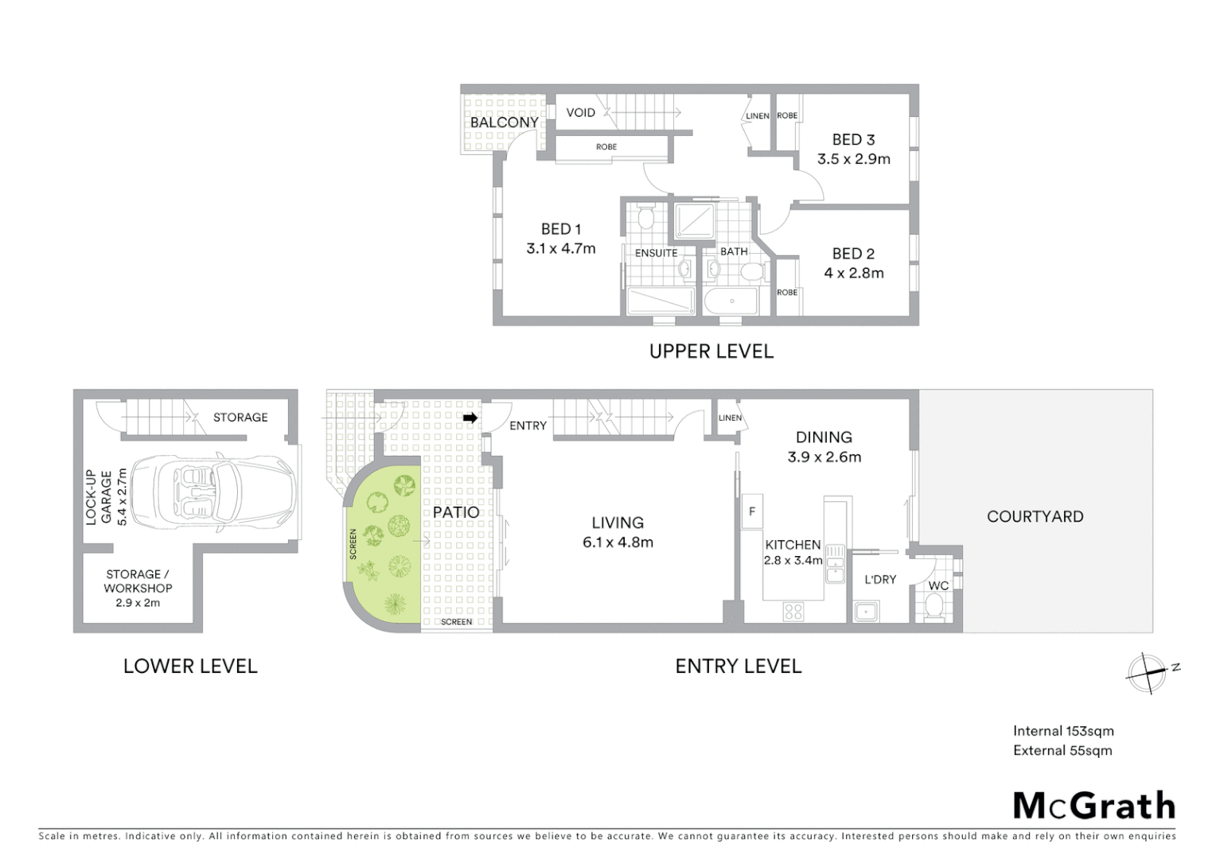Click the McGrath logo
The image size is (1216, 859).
pyautogui.click(x=1094, y=806)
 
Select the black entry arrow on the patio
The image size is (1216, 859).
pyautogui.click(x=470, y=418)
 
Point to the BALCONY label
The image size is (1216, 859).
pyautogui.click(x=504, y=122)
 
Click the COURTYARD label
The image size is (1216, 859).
pyautogui.click(x=1035, y=516)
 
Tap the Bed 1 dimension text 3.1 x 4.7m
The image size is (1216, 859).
pyautogui.click(x=560, y=248)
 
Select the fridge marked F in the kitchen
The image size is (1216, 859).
pyautogui.click(x=751, y=512)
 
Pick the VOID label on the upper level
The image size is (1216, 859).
pyautogui.click(x=580, y=112)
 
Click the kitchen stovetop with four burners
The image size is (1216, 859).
pyautogui.click(x=793, y=611)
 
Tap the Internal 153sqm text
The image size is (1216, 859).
pyautogui.click(x=1062, y=731)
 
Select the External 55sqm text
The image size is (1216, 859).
pyautogui.click(x=1062, y=750)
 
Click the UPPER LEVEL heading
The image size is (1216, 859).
pyautogui.click(x=711, y=351)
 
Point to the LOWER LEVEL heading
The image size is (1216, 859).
pyautogui.click(x=190, y=666)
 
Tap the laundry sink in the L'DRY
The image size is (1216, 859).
pyautogui.click(x=865, y=612)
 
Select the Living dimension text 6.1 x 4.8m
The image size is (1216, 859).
pyautogui.click(x=618, y=542)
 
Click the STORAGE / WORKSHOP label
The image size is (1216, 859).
pyautogui.click(x=138, y=581)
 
